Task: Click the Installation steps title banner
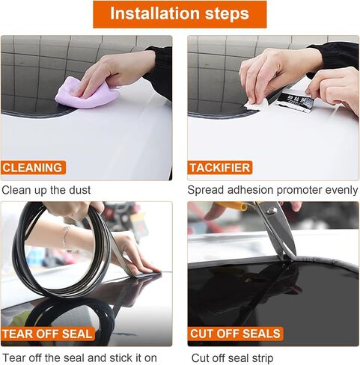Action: tap(180, 14)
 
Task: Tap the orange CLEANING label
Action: tap(33, 168)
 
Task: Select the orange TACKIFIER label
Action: tap(220, 168)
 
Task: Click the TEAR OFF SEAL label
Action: tap(48, 334)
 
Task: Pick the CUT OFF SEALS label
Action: tap(235, 334)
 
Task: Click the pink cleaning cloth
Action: tap(87, 93)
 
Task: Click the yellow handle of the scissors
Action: tap(231, 206)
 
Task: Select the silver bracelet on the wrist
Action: tap(66, 237)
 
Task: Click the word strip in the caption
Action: tap(263, 359)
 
